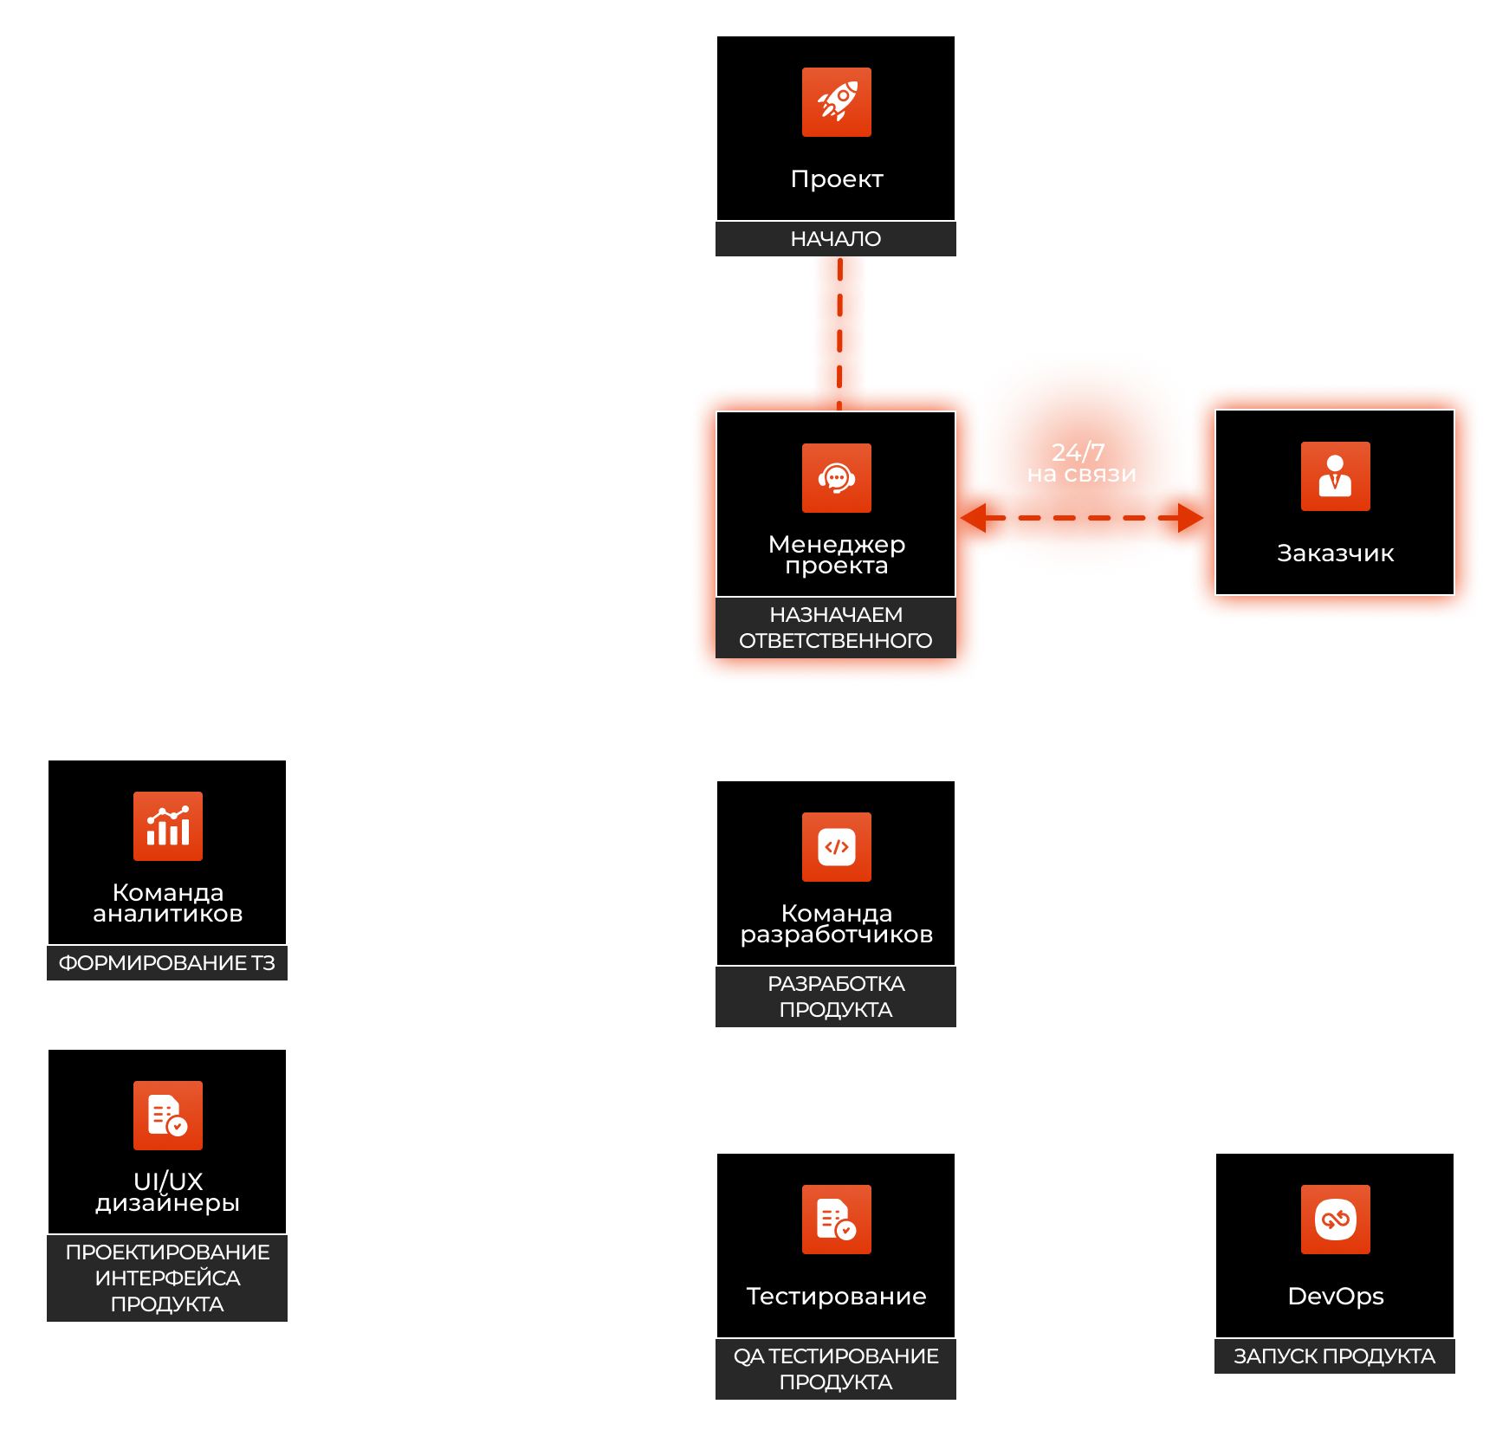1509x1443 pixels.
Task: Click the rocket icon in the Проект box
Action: (836, 102)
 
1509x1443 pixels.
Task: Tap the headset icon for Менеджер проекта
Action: (836, 478)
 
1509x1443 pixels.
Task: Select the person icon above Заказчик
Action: (1335, 476)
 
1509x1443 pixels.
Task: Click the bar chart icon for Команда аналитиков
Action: (167, 826)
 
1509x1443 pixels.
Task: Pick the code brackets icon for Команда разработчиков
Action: (836, 847)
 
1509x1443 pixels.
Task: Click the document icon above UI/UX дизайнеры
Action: (167, 1116)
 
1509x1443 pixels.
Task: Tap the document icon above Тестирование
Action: (836, 1220)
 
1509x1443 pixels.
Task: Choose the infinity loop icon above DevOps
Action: (1335, 1220)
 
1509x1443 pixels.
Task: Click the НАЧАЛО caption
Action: (835, 239)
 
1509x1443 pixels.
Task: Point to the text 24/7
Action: (1078, 451)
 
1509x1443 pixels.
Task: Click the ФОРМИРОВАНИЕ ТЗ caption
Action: (166, 963)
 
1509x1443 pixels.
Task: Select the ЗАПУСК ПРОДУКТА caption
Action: (1334, 1356)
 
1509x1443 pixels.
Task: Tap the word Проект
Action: (837, 179)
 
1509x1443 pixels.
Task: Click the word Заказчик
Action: (1335, 553)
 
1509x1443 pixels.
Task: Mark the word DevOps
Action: (1335, 1297)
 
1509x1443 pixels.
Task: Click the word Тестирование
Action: (836, 1297)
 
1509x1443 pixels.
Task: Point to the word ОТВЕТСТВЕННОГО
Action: (835, 641)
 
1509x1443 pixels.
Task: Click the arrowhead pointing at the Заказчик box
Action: (1192, 518)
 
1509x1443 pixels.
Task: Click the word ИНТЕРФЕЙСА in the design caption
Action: (167, 1278)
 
